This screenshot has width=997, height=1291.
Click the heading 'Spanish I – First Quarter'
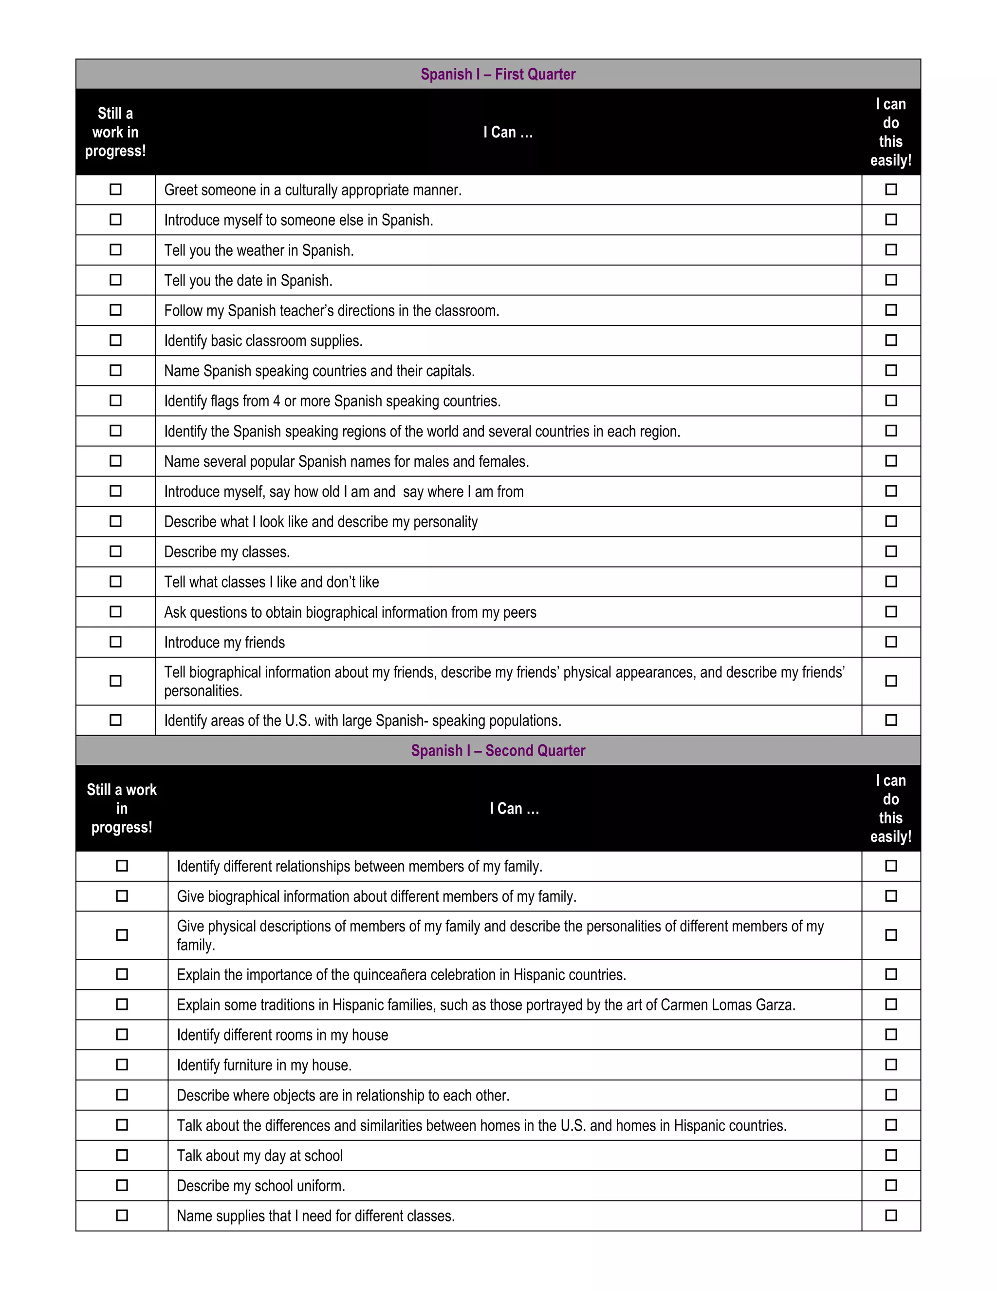498,75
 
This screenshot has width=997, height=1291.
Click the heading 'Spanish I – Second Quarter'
498,751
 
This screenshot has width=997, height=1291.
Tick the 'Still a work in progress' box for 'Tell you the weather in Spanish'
116,250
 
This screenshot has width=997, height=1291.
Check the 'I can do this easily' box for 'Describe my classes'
891,551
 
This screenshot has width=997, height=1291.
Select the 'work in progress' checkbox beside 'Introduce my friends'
116,642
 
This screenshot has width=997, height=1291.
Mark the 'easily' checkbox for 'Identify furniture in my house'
891,1064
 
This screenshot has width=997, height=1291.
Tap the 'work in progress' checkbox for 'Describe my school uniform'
122,1185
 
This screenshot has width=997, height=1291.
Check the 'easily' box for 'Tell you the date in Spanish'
891,280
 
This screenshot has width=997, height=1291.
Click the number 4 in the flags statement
277,401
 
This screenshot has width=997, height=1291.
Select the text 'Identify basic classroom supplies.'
263,341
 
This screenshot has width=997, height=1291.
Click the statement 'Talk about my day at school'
260,1156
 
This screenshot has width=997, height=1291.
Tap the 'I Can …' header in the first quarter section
508,133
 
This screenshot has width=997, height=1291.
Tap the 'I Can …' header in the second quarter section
514,809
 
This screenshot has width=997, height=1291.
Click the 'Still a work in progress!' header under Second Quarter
122,809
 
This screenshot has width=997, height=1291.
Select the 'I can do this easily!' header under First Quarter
891,133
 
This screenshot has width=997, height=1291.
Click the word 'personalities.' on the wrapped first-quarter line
203,691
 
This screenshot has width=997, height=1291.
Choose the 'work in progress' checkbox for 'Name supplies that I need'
122,1215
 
